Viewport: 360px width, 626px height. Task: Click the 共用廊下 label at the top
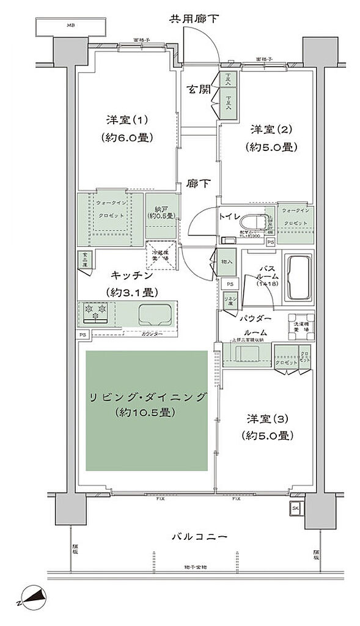click(194, 20)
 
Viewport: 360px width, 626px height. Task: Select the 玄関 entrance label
click(199, 90)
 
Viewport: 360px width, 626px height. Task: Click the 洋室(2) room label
click(273, 130)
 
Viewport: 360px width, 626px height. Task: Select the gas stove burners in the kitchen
click(96, 312)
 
